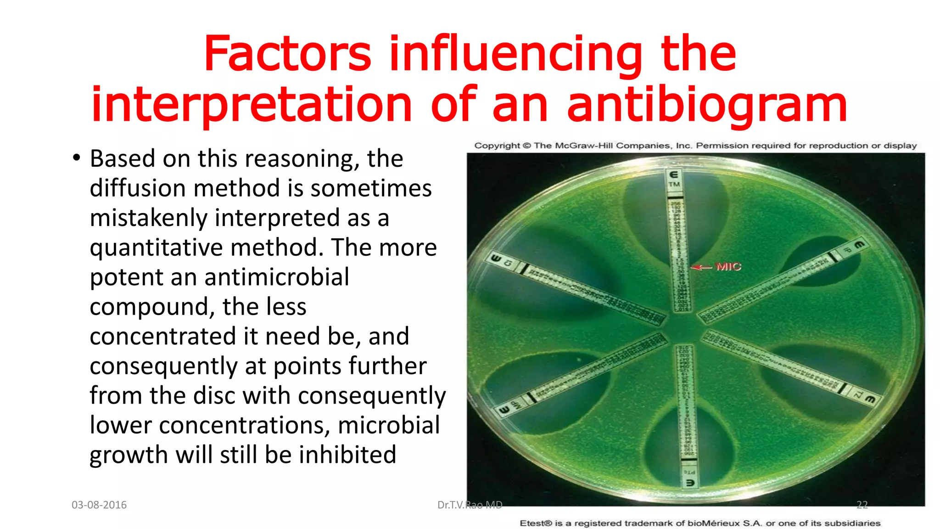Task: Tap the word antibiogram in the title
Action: (707, 106)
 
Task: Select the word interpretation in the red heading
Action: (252, 106)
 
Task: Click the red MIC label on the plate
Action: (728, 266)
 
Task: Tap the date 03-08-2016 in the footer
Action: (99, 505)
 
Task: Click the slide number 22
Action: (862, 505)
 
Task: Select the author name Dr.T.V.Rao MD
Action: (470, 505)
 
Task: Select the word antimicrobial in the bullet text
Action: (277, 277)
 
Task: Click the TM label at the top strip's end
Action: (674, 185)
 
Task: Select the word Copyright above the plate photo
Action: (497, 146)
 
